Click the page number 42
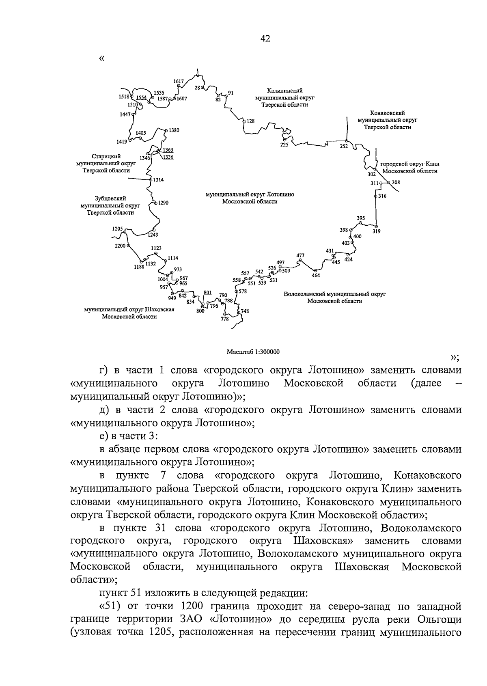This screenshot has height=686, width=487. [x=265, y=39]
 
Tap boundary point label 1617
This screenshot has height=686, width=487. [x=179, y=81]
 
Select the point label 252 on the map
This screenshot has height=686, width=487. [x=344, y=147]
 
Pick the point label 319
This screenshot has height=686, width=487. [x=377, y=231]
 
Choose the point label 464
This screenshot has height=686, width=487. [x=316, y=276]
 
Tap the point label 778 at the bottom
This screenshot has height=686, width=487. [x=224, y=319]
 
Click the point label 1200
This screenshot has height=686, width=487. [x=120, y=246]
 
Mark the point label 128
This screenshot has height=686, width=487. [x=250, y=121]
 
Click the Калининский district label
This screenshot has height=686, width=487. [x=284, y=98]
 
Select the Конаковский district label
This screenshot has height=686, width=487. [x=387, y=120]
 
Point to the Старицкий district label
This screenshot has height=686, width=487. [x=106, y=164]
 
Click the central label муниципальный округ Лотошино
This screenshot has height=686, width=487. [x=250, y=198]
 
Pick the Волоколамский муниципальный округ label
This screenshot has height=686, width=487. [x=334, y=297]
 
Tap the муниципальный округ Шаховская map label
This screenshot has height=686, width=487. [x=129, y=313]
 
